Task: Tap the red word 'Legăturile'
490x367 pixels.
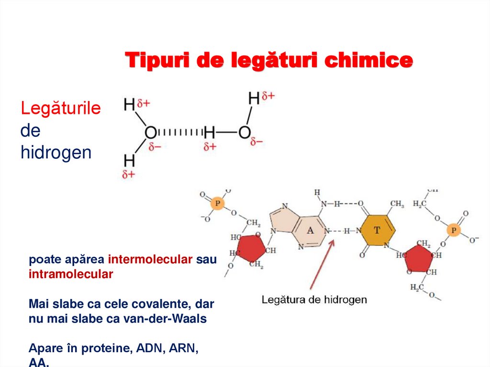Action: point(60,109)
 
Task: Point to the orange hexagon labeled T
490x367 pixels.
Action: point(378,230)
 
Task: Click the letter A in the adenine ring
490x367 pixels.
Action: point(310,231)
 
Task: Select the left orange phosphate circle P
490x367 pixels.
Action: point(218,203)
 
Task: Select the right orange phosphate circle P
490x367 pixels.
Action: point(453,231)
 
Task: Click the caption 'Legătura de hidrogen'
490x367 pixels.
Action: point(314,300)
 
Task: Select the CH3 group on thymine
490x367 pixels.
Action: point(397,204)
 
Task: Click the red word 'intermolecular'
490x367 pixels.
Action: point(151,260)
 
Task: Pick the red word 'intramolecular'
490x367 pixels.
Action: point(71,274)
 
